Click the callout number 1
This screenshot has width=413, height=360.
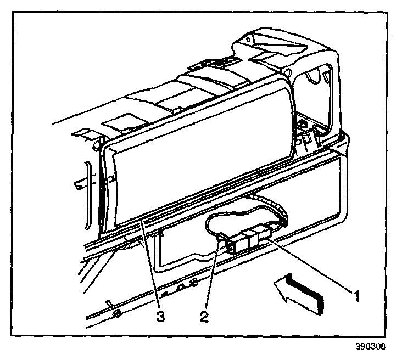click(356, 297)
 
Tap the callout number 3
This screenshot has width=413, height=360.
click(160, 316)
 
